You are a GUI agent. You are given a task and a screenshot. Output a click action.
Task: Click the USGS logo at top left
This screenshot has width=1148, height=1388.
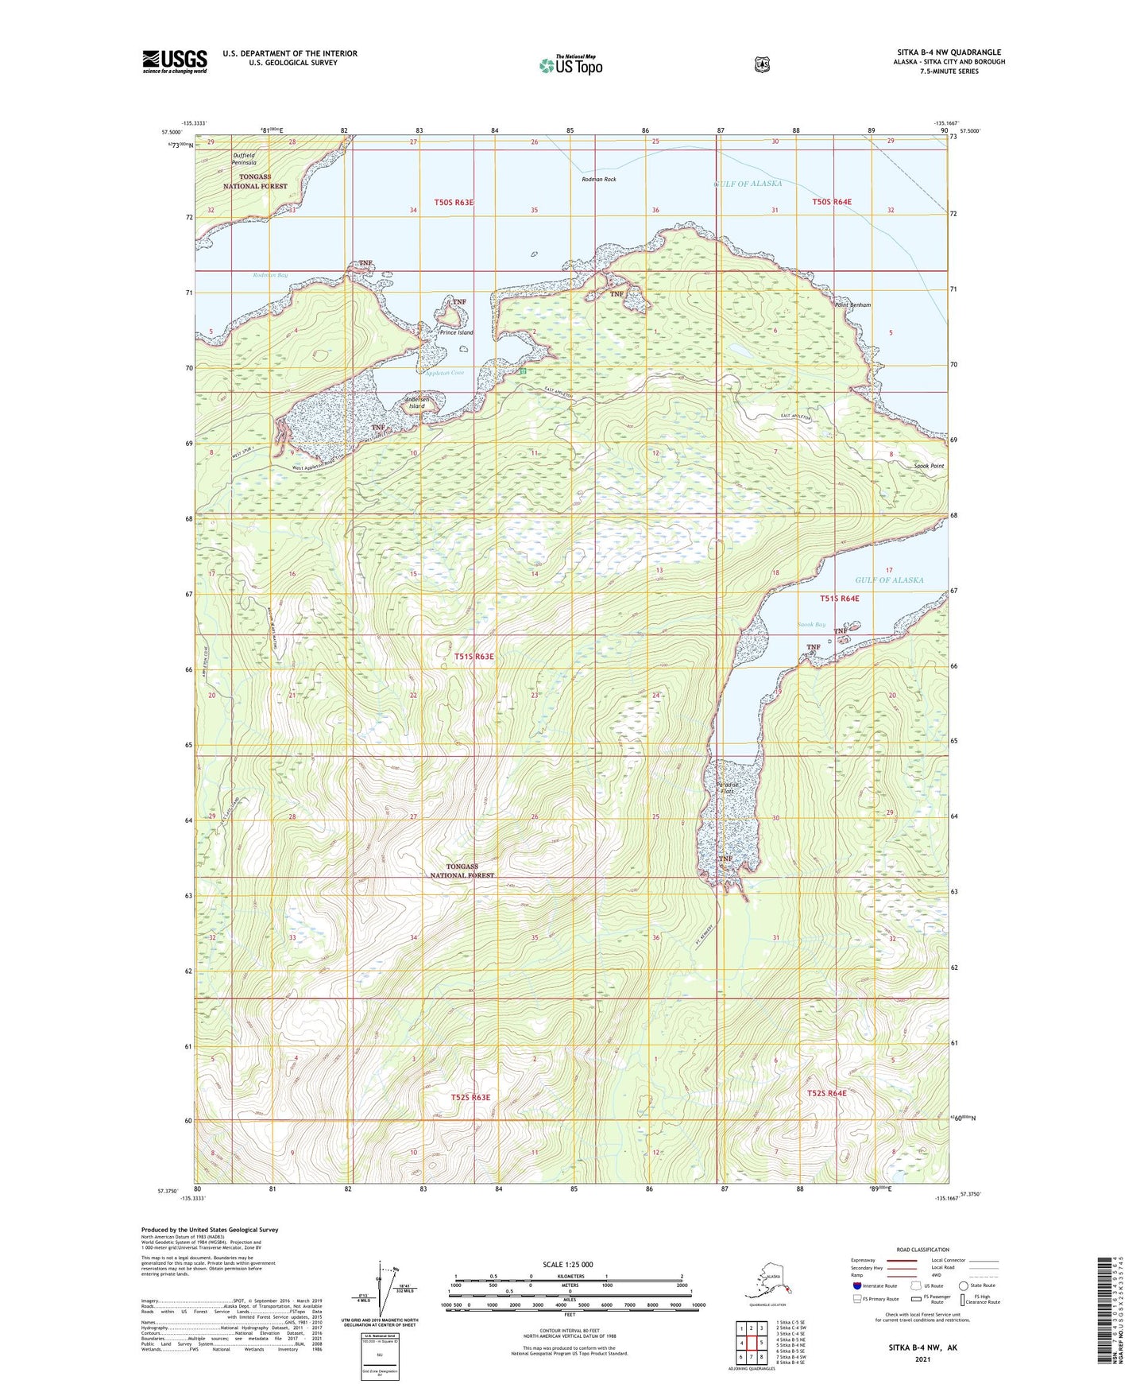[175, 61]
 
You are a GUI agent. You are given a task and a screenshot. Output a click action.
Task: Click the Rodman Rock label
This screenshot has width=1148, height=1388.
[598, 180]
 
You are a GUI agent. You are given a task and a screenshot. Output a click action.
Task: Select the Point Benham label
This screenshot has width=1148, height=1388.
[852, 305]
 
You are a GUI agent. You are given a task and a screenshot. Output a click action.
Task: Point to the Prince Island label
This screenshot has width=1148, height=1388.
[456, 332]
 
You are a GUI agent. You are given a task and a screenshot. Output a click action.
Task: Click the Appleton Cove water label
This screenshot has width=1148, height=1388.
[444, 373]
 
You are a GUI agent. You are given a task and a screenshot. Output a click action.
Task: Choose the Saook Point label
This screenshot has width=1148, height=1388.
[928, 466]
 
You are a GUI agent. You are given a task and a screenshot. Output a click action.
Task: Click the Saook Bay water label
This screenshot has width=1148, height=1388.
[811, 625]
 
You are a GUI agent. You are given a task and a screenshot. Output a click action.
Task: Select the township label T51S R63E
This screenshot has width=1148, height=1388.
[474, 657]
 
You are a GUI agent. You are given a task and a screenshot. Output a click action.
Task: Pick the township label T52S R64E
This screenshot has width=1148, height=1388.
[827, 1093]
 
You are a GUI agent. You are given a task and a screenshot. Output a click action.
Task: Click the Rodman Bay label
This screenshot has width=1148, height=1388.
[270, 275]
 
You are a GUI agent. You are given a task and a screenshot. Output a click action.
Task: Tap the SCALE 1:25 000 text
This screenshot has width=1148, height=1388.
[568, 1264]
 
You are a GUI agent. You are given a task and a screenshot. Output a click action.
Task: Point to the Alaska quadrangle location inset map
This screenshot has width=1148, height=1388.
[767, 1282]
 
